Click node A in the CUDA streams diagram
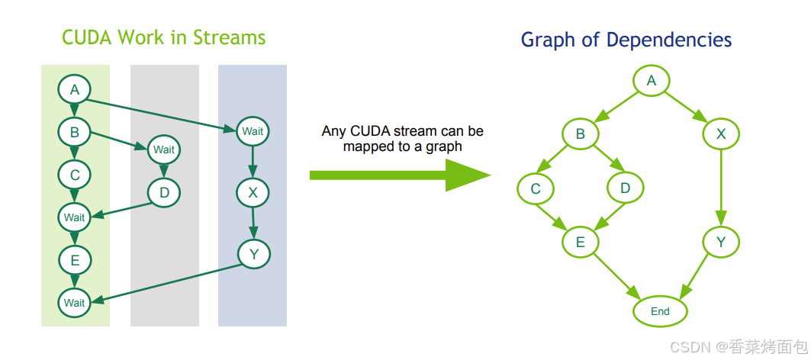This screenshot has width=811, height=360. click(75, 90)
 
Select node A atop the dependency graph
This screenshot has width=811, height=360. click(651, 80)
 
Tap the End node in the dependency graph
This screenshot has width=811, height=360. click(660, 311)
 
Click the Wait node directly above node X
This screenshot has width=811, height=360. click(253, 131)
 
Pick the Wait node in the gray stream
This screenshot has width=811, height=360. click(164, 149)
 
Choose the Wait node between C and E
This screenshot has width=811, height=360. click(75, 217)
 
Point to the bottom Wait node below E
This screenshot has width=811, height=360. click(75, 303)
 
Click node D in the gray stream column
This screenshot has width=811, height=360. click(164, 193)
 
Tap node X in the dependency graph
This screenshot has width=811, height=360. click(721, 134)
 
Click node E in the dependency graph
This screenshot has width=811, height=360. click(580, 243)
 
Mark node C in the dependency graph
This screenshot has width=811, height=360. click(535, 188)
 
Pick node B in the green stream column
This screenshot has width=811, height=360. click(75, 133)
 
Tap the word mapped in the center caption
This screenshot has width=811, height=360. click(367, 146)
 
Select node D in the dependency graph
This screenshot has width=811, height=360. click(626, 188)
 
